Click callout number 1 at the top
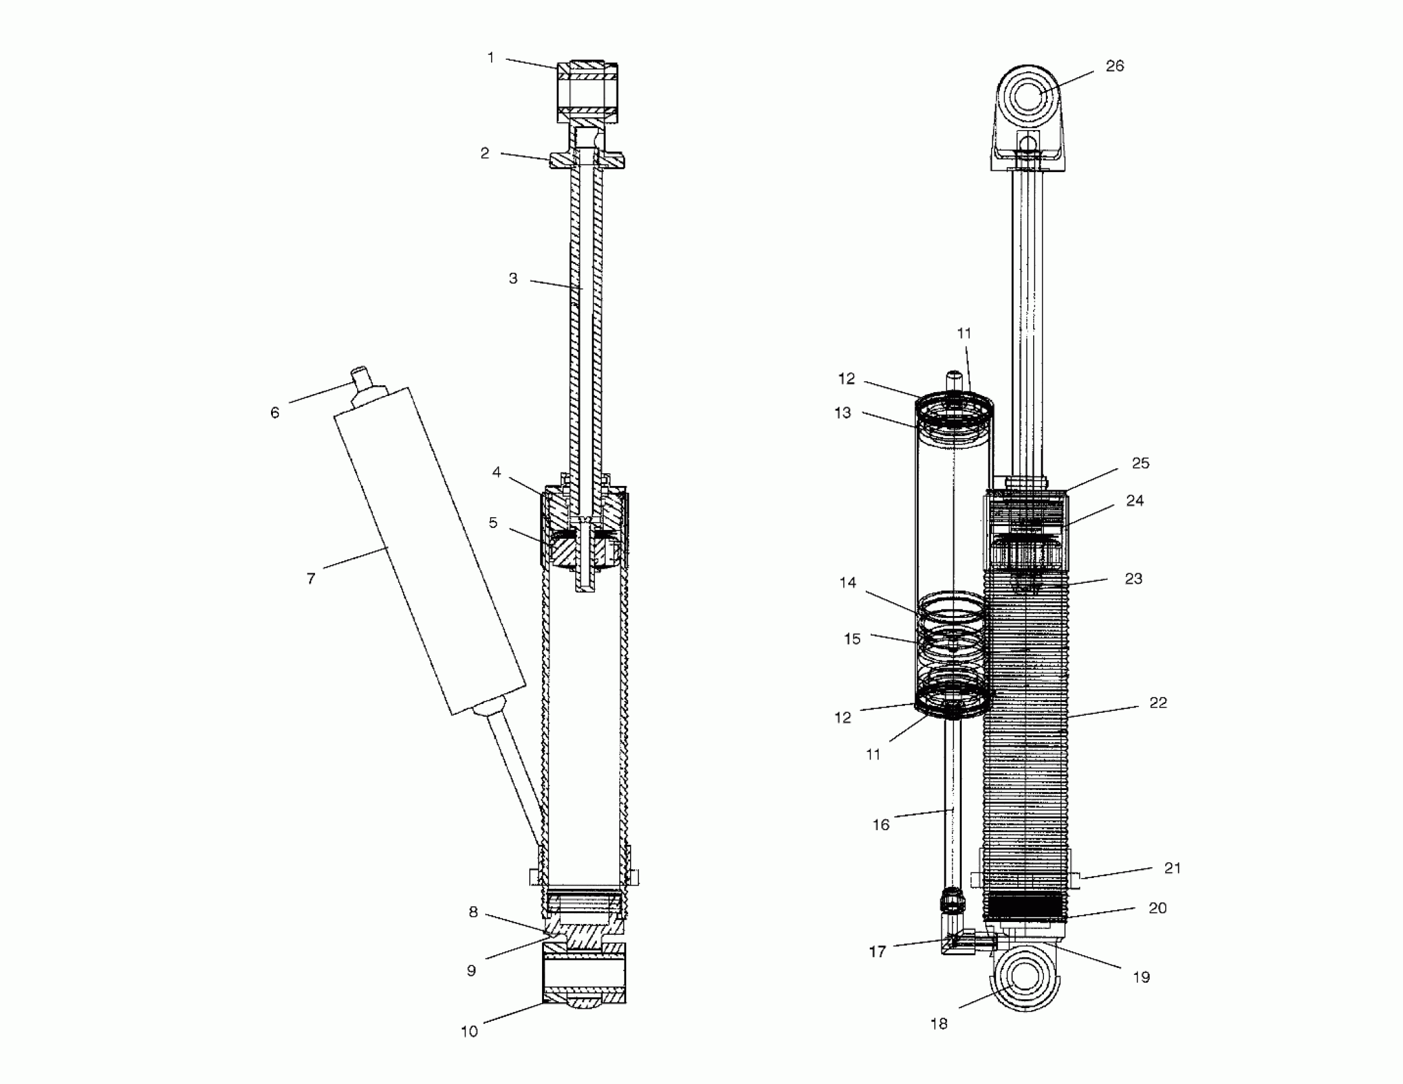coord(491,59)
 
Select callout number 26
coord(1115,66)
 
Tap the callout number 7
coord(311,579)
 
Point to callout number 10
coord(469,1031)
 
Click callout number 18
coord(939,1023)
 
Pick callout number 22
coord(1157,703)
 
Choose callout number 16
coord(881,824)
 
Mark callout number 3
coord(513,279)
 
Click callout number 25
coord(1140,464)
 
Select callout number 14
coord(848,582)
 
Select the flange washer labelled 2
coord(587,160)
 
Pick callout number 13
coord(843,413)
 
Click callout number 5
coord(493,523)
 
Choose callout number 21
coord(1172,868)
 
